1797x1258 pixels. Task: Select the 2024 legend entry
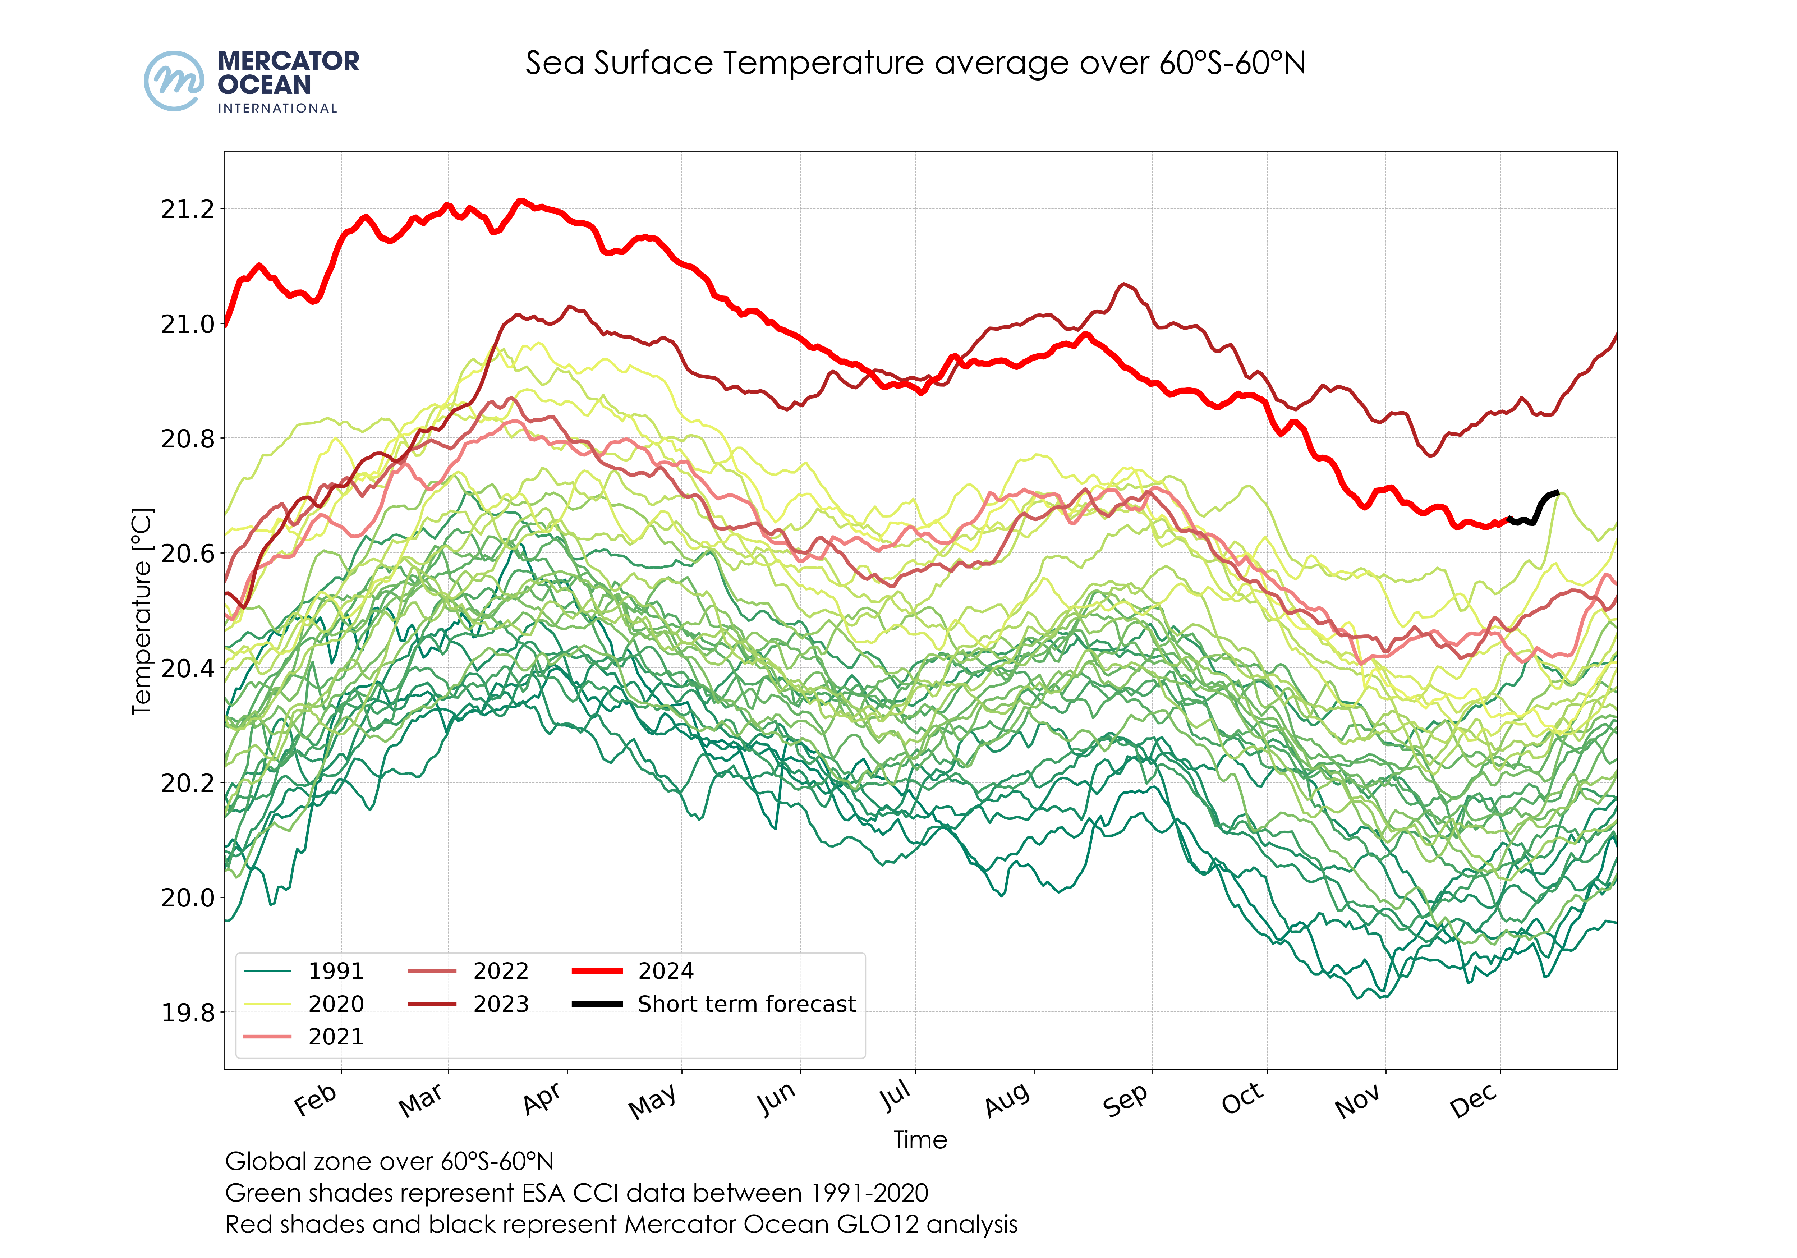(x=665, y=971)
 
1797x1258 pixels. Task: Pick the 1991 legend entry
(x=336, y=971)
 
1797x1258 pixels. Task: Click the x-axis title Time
(x=920, y=1140)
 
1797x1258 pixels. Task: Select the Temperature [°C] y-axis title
(x=142, y=611)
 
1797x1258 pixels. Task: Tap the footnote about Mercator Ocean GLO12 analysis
(x=621, y=1224)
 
